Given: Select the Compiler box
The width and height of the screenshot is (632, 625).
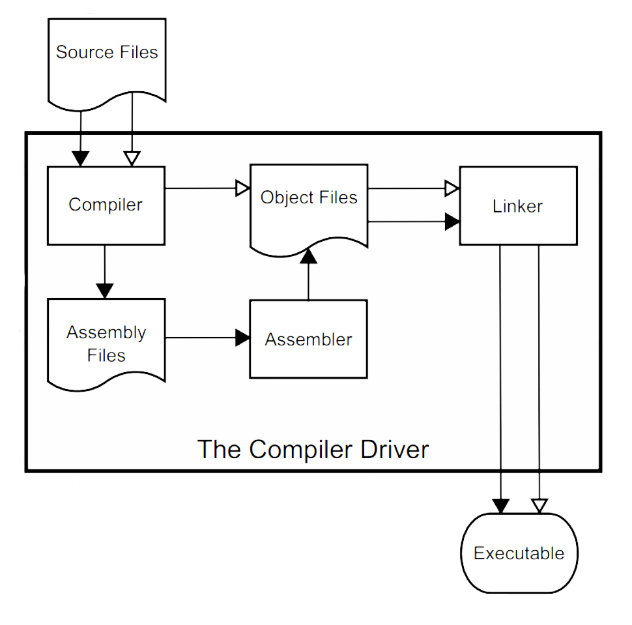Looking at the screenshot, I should [106, 205].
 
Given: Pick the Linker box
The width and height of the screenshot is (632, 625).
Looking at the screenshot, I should [518, 206].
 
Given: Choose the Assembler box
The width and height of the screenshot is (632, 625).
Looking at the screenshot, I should [308, 339].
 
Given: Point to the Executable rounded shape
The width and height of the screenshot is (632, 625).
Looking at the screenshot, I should [519, 553].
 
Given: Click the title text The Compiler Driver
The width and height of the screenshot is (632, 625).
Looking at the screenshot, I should [313, 450].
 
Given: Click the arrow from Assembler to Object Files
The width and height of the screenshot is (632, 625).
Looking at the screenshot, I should [308, 277].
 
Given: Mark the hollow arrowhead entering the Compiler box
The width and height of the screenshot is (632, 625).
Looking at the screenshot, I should [132, 159].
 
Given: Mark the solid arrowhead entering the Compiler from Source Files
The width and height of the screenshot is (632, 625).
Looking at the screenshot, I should [81, 158].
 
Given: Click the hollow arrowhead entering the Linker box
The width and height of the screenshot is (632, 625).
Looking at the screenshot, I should [452, 188].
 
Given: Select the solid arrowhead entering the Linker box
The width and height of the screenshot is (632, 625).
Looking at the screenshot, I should [452, 222].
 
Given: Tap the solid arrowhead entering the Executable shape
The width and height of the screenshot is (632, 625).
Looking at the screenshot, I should [500, 506].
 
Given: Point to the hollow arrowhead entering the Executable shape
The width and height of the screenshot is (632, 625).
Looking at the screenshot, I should [539, 506].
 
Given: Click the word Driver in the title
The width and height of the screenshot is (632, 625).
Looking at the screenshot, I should [392, 450].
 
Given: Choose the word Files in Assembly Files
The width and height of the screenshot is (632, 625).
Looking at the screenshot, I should [106, 356].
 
